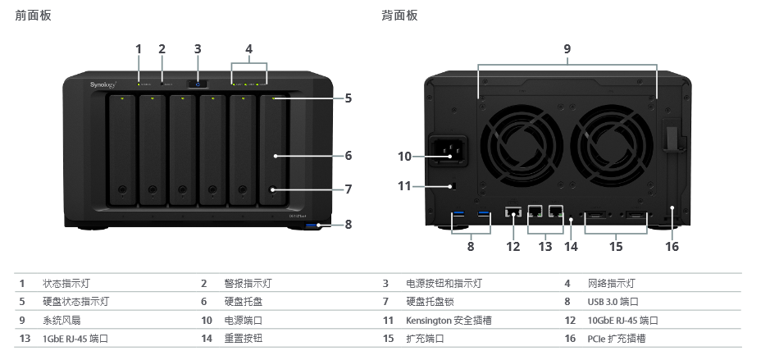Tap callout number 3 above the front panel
click(x=198, y=48)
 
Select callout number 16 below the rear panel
click(x=672, y=246)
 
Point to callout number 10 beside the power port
click(x=404, y=156)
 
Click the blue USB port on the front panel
click(x=312, y=225)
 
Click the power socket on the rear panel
click(x=445, y=152)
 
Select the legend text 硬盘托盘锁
click(x=431, y=302)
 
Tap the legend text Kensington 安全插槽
click(x=449, y=320)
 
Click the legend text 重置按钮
click(x=244, y=338)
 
